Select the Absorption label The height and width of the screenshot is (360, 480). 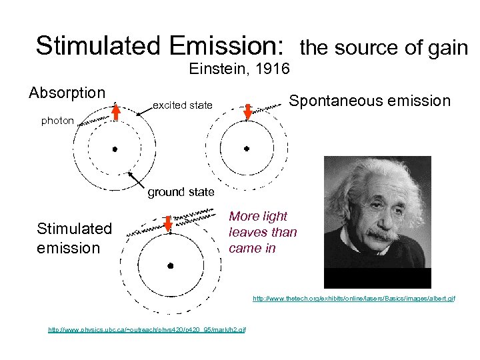point(67,92)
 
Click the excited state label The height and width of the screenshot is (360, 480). point(183,105)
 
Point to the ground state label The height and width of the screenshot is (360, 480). point(181,192)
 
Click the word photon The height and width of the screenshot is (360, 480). point(58,121)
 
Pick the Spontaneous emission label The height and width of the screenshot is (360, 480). point(370,101)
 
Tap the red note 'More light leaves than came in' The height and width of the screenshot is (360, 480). point(263,232)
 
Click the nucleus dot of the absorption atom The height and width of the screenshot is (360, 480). point(115,149)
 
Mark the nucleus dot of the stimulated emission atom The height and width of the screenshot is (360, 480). point(171,265)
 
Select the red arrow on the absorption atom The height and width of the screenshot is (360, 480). point(115,111)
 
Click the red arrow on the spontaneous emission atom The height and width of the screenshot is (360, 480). point(247,111)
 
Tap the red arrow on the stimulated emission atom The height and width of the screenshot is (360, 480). point(168,225)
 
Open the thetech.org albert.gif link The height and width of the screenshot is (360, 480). point(354,299)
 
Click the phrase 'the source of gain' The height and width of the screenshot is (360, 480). point(384,48)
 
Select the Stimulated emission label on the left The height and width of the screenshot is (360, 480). point(74,238)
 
